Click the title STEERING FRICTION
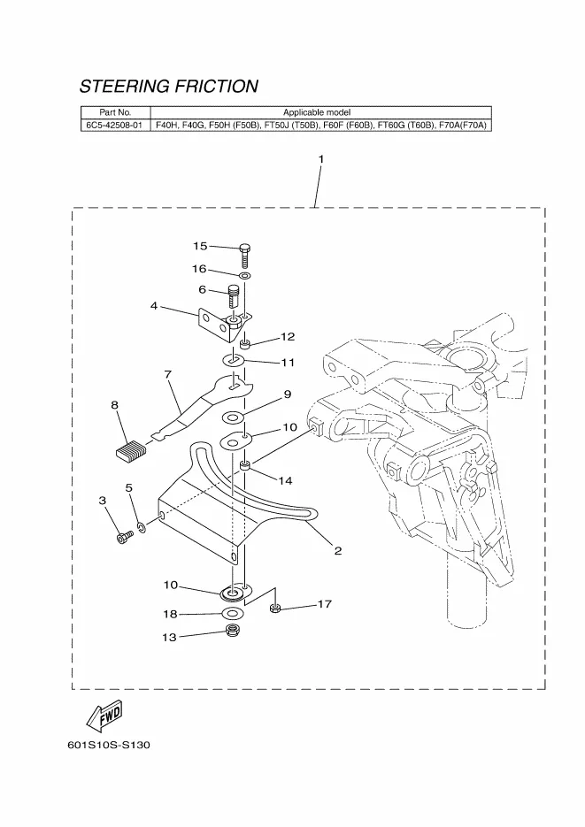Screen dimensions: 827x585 [169, 87]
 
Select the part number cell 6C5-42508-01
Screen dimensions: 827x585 [115, 126]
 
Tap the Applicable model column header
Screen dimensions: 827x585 [317, 112]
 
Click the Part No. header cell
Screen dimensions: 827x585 [115, 112]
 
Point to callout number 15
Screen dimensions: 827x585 [200, 245]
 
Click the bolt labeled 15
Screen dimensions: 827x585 [246, 255]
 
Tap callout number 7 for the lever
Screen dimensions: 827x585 [167, 374]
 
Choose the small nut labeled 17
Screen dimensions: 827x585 [275, 608]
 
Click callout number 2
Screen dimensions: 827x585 [338, 550]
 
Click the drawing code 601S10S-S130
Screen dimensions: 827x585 [109, 745]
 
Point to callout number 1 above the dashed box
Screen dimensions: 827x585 [320, 159]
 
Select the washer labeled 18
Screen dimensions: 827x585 [233, 613]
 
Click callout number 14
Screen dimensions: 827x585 [285, 480]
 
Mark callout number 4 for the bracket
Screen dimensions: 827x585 [154, 306]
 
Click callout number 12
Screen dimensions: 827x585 [288, 337]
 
